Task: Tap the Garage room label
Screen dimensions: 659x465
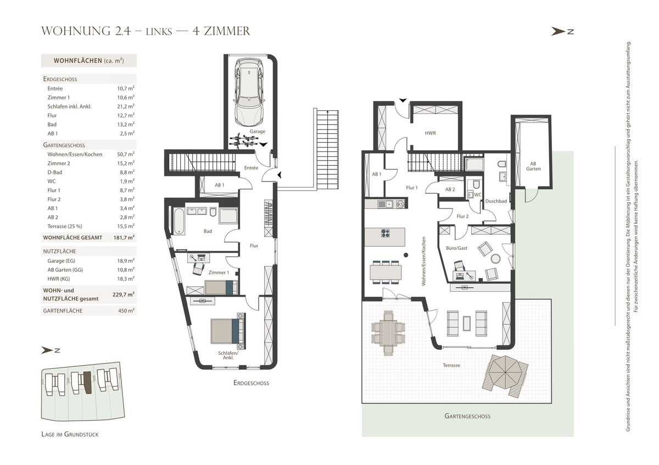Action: pos(258,131)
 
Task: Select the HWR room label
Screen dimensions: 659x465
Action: pos(430,133)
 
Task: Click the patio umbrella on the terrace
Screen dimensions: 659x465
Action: pos(505,372)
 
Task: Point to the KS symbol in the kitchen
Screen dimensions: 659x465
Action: pos(400,204)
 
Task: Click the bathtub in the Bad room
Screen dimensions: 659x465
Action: pos(179,221)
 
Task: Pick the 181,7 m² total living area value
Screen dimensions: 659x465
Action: pos(124,237)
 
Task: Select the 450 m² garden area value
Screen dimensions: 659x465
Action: pos(126,311)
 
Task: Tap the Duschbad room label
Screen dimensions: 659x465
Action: pos(496,201)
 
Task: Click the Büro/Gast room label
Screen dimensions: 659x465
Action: pos(456,248)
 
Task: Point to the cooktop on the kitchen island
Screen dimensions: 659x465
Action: pos(386,233)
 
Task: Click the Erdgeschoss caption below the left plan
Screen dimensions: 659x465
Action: pos(252,383)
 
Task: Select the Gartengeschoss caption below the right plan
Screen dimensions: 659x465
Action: pos(467,416)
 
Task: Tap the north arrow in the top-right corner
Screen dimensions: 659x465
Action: pos(562,31)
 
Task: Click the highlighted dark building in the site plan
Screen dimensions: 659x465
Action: pos(87,382)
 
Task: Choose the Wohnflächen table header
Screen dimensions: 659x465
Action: pos(88,60)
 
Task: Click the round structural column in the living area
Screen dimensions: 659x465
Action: pos(406,255)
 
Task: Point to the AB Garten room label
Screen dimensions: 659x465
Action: pos(533,166)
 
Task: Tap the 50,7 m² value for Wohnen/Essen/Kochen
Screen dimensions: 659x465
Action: pos(126,154)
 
